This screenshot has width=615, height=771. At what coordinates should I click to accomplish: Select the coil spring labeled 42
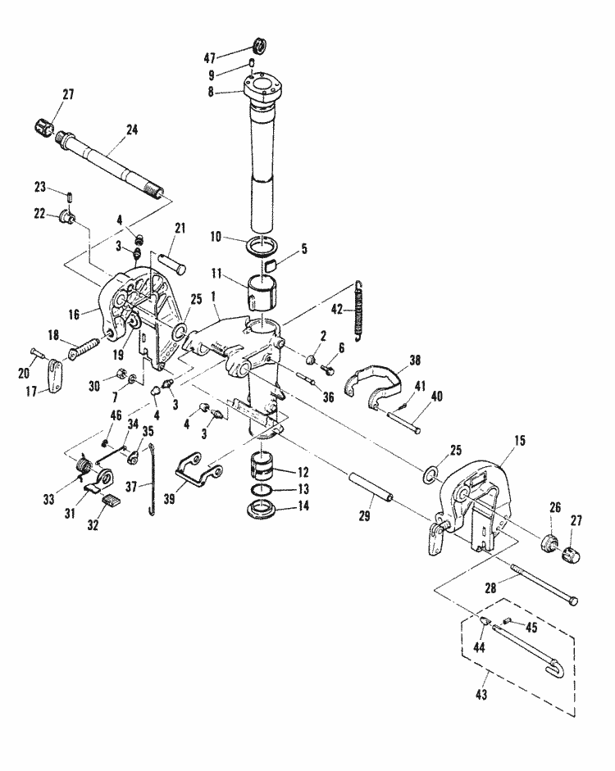tap(358, 311)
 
